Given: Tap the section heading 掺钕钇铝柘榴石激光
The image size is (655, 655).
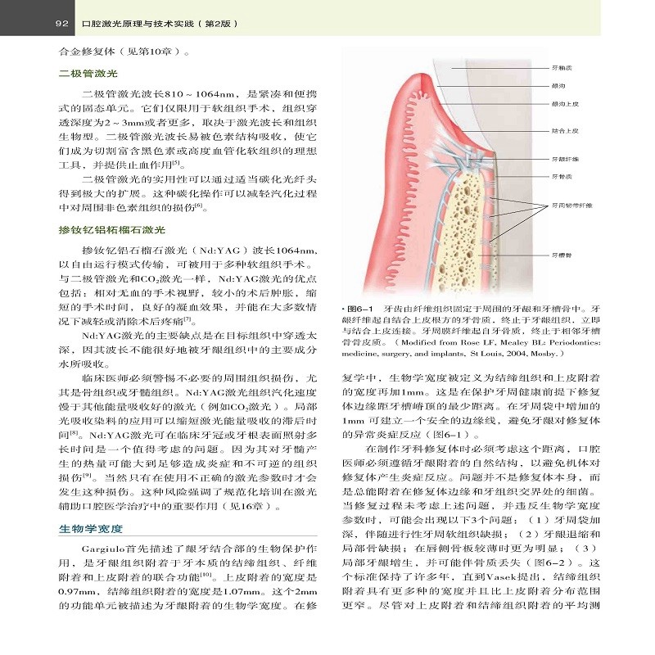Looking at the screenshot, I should (112, 230).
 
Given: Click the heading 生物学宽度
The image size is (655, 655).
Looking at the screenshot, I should (91, 529).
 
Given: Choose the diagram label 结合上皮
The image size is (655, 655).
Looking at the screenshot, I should (565, 130).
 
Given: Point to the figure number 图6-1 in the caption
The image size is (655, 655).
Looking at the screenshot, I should (359, 309).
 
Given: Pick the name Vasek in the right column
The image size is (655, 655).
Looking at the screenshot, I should (490, 577).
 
